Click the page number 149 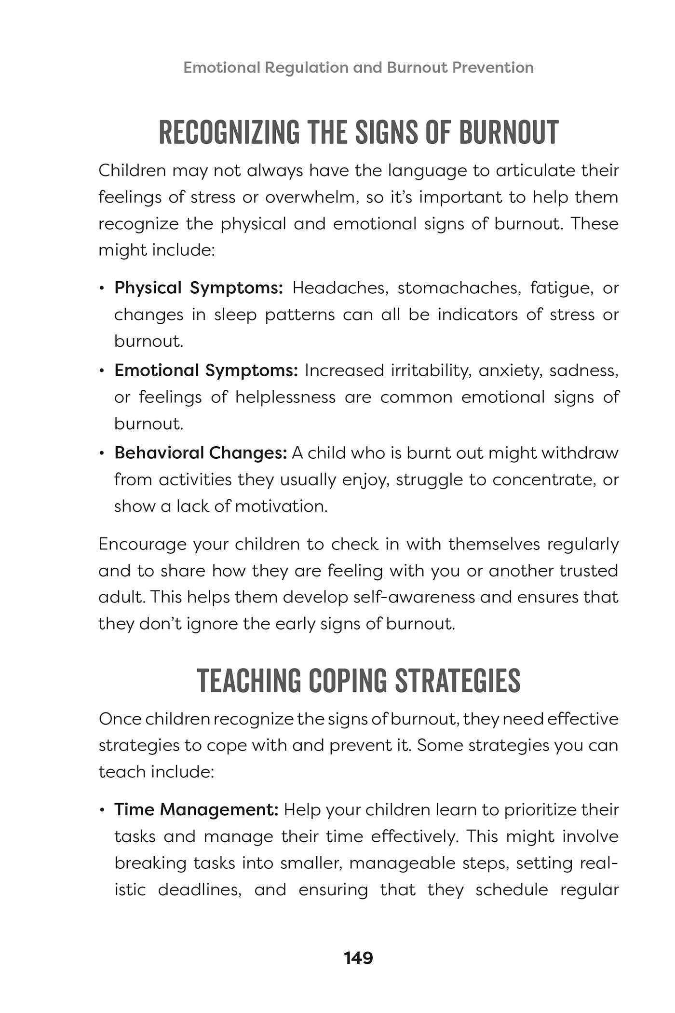pos(358,958)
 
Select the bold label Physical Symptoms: pos(199,288)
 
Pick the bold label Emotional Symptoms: pos(206,370)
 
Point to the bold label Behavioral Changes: pos(201,453)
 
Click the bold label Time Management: pos(196,809)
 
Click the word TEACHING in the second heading pos(248,681)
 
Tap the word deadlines pos(200,889)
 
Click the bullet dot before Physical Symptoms pos(102,288)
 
